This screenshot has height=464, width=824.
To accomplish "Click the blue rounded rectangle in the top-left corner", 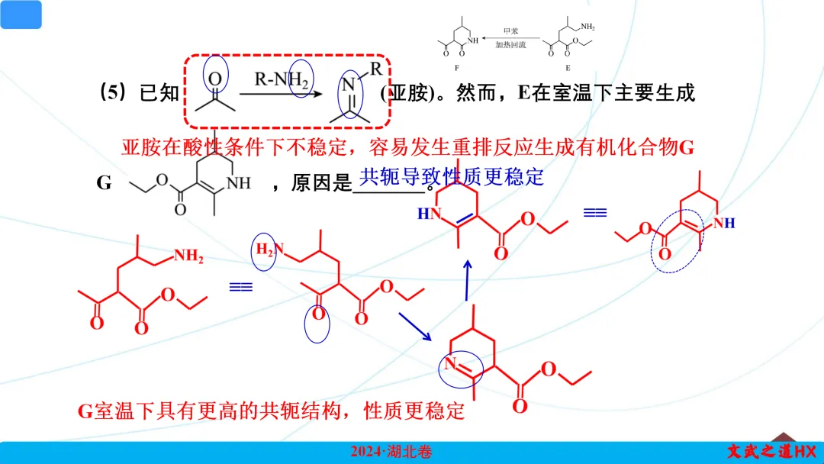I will click(x=21, y=14).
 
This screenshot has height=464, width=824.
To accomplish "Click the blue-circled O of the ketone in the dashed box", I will click(x=215, y=78).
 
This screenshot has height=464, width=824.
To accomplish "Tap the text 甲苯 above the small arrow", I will click(x=510, y=32).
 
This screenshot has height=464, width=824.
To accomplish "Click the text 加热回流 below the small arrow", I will click(x=510, y=45).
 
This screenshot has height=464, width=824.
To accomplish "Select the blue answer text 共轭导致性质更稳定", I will click(x=452, y=177).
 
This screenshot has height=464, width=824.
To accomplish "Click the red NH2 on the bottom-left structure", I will click(x=188, y=257).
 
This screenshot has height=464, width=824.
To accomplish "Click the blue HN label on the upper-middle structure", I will click(x=430, y=214).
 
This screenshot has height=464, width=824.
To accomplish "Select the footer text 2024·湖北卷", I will click(x=391, y=453).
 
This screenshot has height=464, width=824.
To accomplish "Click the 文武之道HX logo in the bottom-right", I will click(x=771, y=453).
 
